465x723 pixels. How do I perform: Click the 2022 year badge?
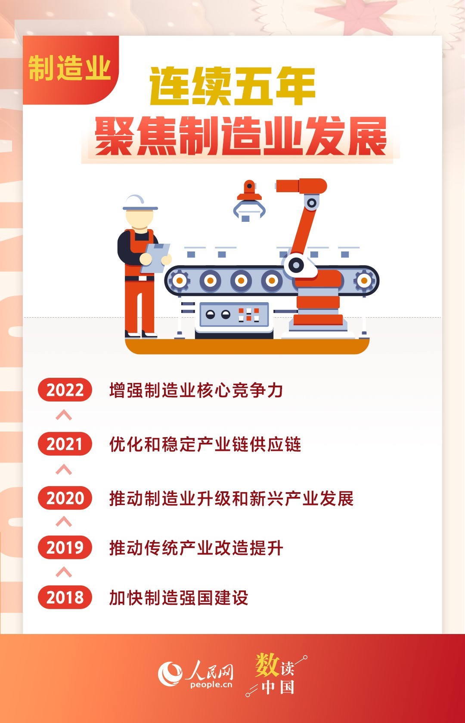pos(65,389)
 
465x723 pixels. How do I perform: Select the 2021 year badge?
pos(65,444)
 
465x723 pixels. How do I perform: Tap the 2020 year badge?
pos(65,498)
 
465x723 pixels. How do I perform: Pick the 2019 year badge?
pos(65,548)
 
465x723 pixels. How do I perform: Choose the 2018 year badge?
pos(65,597)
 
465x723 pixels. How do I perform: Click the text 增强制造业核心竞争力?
pos(196,390)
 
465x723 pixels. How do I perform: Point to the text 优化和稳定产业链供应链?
pos(205,444)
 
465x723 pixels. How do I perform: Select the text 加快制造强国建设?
pos(179,597)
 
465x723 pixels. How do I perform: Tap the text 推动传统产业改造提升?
pos(196,548)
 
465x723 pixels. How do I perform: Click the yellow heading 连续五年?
pos(232,86)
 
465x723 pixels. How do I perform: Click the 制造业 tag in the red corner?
pos(69,68)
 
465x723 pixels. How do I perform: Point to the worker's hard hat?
pos(140,203)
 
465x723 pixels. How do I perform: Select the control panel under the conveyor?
pos(234,314)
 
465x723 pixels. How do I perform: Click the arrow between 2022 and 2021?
pos(64,415)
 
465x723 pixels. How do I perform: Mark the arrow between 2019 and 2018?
pos(64,572)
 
